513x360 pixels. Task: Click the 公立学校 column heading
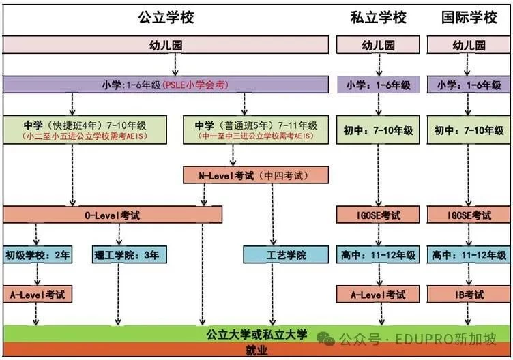(166, 17)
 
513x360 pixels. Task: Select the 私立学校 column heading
(378, 17)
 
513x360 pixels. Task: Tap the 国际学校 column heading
(469, 17)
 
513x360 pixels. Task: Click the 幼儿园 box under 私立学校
(378, 45)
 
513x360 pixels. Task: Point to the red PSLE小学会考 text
(195, 85)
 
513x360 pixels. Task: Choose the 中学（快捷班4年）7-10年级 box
(85, 130)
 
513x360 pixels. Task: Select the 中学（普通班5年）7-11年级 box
(256, 130)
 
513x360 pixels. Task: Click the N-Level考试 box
(256, 175)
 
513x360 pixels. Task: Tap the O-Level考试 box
(113, 215)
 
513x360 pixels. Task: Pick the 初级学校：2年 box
(38, 255)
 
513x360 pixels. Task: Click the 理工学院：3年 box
(129, 255)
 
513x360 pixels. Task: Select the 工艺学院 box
(286, 255)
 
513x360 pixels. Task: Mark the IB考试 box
(469, 295)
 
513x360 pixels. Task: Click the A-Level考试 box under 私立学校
(378, 295)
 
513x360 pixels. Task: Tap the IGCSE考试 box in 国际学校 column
(469, 215)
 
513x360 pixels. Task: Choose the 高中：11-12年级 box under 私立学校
(378, 255)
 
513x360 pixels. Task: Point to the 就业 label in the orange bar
(256, 350)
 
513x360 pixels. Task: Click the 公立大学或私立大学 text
(256, 334)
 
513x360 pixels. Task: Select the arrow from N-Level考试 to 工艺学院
(273, 215)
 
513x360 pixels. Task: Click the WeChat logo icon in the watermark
(325, 339)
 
